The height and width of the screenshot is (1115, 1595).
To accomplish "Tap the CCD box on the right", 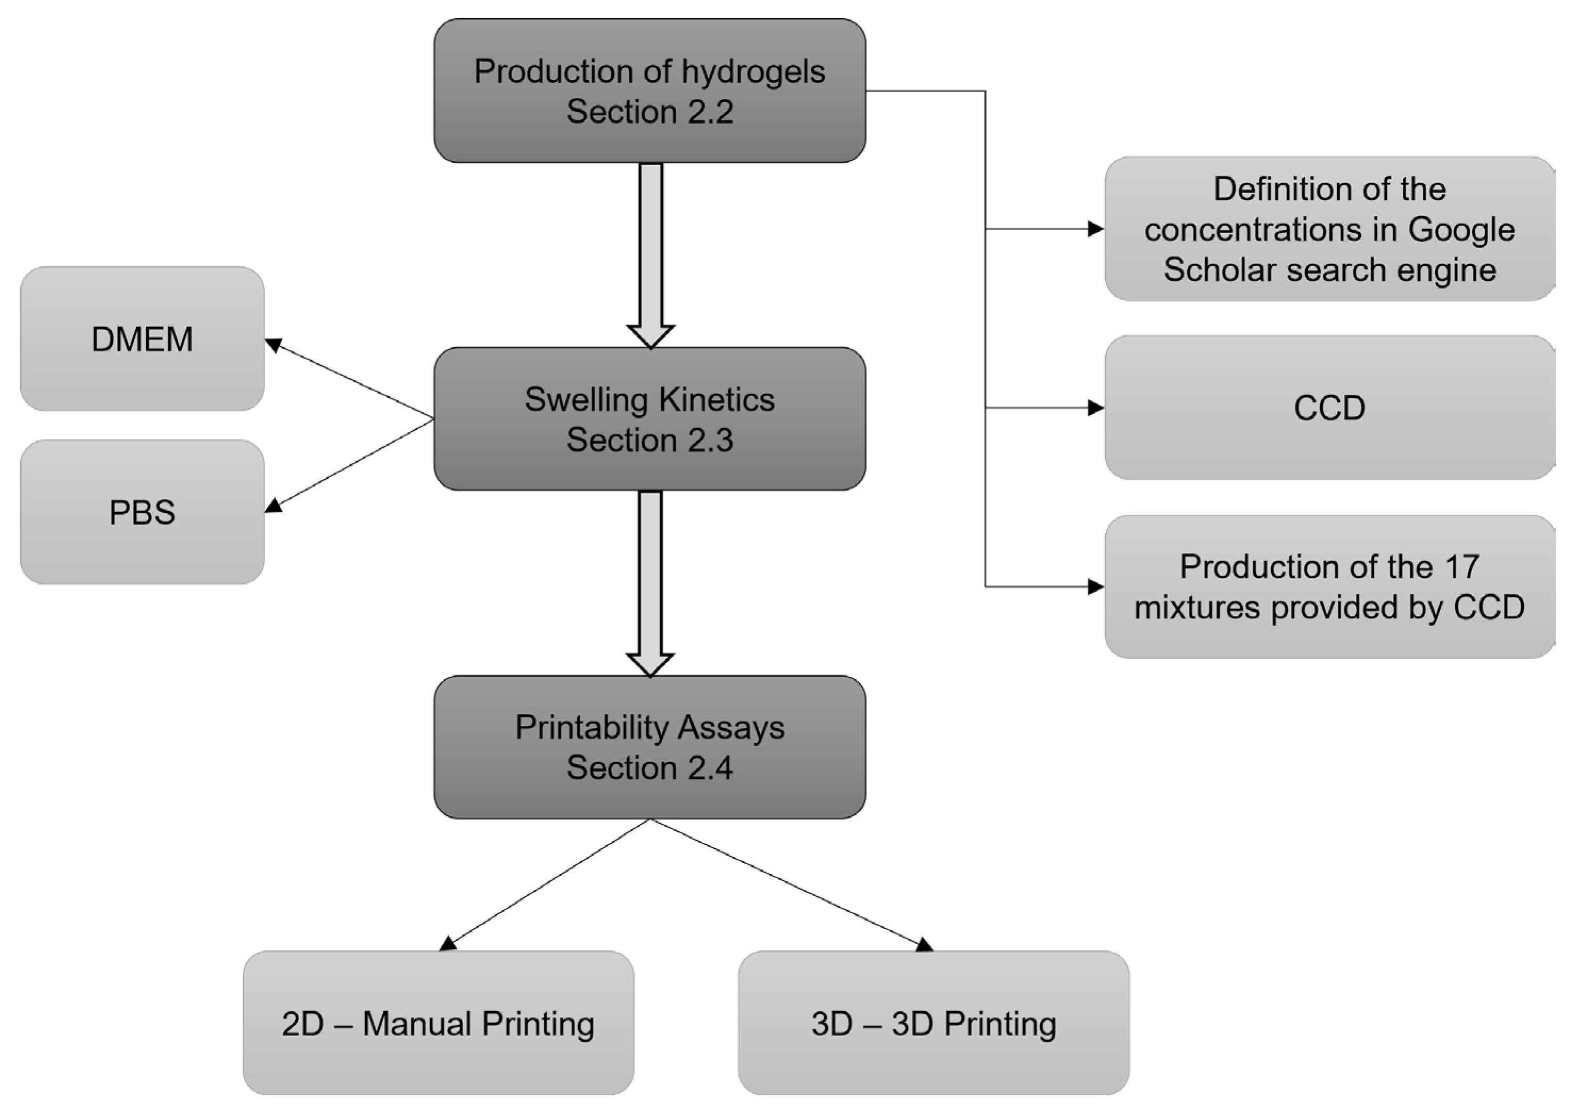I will click(1328, 408).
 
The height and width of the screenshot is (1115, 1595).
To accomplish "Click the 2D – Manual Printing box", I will click(438, 1023).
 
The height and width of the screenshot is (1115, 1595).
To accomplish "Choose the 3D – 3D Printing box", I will click(933, 1023).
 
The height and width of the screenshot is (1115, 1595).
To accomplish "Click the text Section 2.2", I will click(649, 112).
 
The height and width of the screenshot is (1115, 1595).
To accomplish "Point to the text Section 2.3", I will click(649, 440).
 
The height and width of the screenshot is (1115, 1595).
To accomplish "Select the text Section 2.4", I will click(649, 768).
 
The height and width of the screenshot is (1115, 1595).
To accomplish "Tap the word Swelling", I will click(586, 399).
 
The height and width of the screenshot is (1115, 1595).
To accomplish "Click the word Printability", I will click(591, 727).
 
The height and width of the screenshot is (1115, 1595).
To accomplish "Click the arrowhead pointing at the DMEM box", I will click(274, 344).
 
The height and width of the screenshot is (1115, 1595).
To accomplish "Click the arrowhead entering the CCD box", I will click(1096, 408).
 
